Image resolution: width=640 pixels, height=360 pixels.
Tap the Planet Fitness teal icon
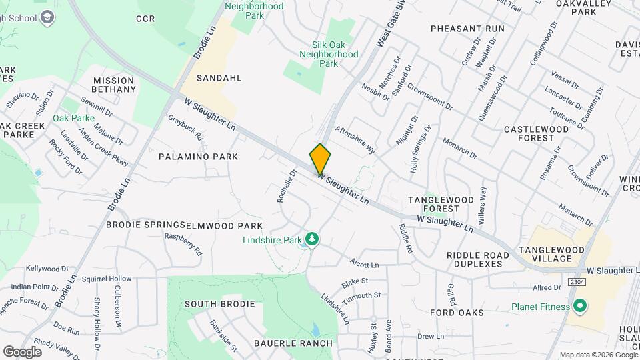point(580,307)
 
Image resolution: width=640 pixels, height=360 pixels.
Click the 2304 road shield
point(577,283)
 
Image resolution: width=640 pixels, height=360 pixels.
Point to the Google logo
point(22,351)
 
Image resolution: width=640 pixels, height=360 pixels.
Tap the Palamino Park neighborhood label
point(198,156)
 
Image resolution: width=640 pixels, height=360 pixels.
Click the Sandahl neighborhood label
point(219,78)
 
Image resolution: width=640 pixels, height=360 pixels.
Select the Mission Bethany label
point(114,85)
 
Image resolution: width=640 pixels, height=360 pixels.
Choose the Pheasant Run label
point(467,29)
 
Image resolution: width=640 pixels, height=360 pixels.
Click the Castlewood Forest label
point(538,133)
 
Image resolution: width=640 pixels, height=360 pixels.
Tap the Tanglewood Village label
point(551,254)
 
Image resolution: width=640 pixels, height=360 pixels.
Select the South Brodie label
point(219,304)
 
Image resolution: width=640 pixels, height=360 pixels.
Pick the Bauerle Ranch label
point(293,343)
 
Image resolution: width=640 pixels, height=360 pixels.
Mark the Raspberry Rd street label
point(183,244)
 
